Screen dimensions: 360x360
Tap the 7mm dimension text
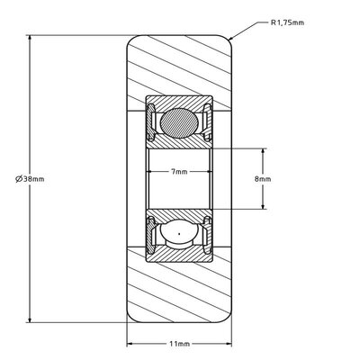180,172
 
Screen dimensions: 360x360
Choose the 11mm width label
180,344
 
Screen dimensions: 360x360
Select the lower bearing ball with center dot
180,237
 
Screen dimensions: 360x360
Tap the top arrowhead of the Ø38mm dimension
30,39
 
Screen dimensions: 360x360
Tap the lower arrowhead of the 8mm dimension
262,211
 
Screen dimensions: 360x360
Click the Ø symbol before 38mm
18,179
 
